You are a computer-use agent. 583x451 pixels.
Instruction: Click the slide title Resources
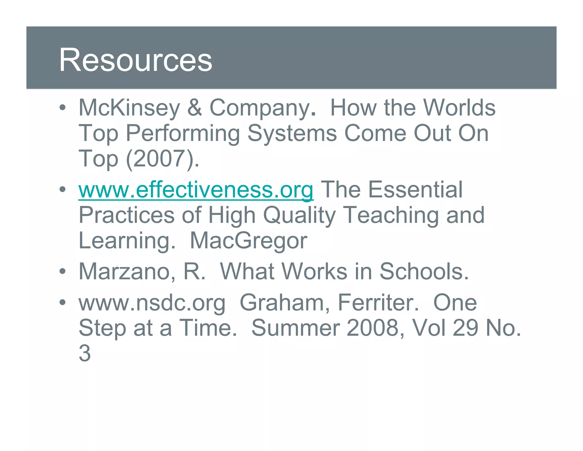coord(136,60)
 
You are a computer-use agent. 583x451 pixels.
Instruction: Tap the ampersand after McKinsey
coord(195,108)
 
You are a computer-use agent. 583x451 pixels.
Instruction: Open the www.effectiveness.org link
coord(196,190)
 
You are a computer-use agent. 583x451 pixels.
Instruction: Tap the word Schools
coord(424,271)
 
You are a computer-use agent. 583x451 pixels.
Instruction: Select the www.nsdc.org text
coord(152,303)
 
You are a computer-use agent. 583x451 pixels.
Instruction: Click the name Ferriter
coord(378,303)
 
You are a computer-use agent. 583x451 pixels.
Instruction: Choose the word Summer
coord(295,328)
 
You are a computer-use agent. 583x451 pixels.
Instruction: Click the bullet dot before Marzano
coord(63,271)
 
